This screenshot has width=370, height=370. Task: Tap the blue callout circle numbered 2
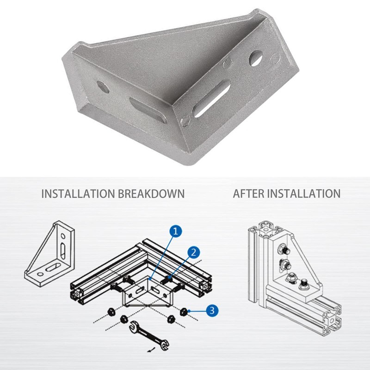click(194, 252)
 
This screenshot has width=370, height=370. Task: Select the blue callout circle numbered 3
click(211, 310)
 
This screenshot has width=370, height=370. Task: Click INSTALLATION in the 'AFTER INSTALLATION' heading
click(304, 193)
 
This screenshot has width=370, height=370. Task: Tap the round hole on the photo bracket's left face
click(103, 86)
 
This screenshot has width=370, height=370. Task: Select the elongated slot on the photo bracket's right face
click(211, 99)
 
